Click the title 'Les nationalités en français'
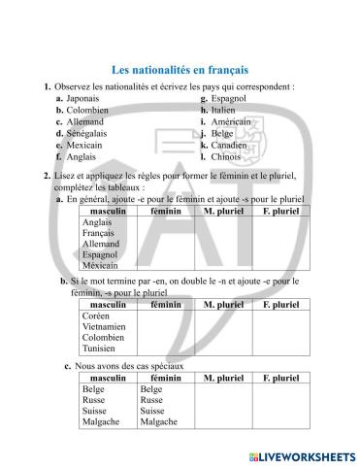pyautogui.click(x=180, y=70)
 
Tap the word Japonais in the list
pyautogui.click(x=84, y=98)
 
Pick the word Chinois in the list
pyautogui.click(x=227, y=156)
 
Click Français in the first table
pyautogui.click(x=99, y=233)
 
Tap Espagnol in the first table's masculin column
pyautogui.click(x=101, y=254)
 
